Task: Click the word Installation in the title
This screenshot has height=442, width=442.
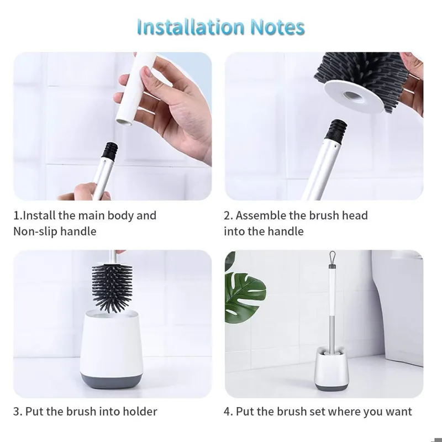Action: click(191, 27)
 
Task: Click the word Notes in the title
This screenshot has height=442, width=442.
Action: click(277, 27)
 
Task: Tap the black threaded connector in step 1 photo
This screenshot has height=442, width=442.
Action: click(110, 150)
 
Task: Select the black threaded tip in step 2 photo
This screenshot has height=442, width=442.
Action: click(336, 130)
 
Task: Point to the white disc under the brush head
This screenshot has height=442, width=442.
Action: click(354, 98)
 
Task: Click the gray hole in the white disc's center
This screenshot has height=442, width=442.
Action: click(352, 97)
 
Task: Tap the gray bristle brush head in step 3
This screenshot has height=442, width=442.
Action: click(112, 288)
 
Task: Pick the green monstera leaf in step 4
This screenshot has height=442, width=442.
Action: click(244, 297)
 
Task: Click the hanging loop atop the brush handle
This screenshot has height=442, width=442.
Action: click(333, 259)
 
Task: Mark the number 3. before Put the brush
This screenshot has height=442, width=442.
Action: click(18, 412)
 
